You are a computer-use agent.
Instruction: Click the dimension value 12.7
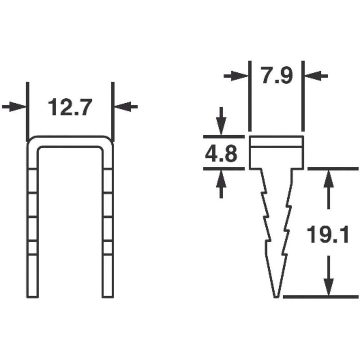pos(69,107)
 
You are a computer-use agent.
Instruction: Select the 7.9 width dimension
pos(276,76)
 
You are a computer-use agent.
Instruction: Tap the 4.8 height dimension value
pos(221,153)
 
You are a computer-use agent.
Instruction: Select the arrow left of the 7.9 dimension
pos(236,76)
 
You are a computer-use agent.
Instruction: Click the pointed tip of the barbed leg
pos(276,296)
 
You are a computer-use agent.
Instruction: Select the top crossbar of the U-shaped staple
pos(70,141)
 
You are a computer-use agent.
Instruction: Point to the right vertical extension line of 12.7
pos(113,112)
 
